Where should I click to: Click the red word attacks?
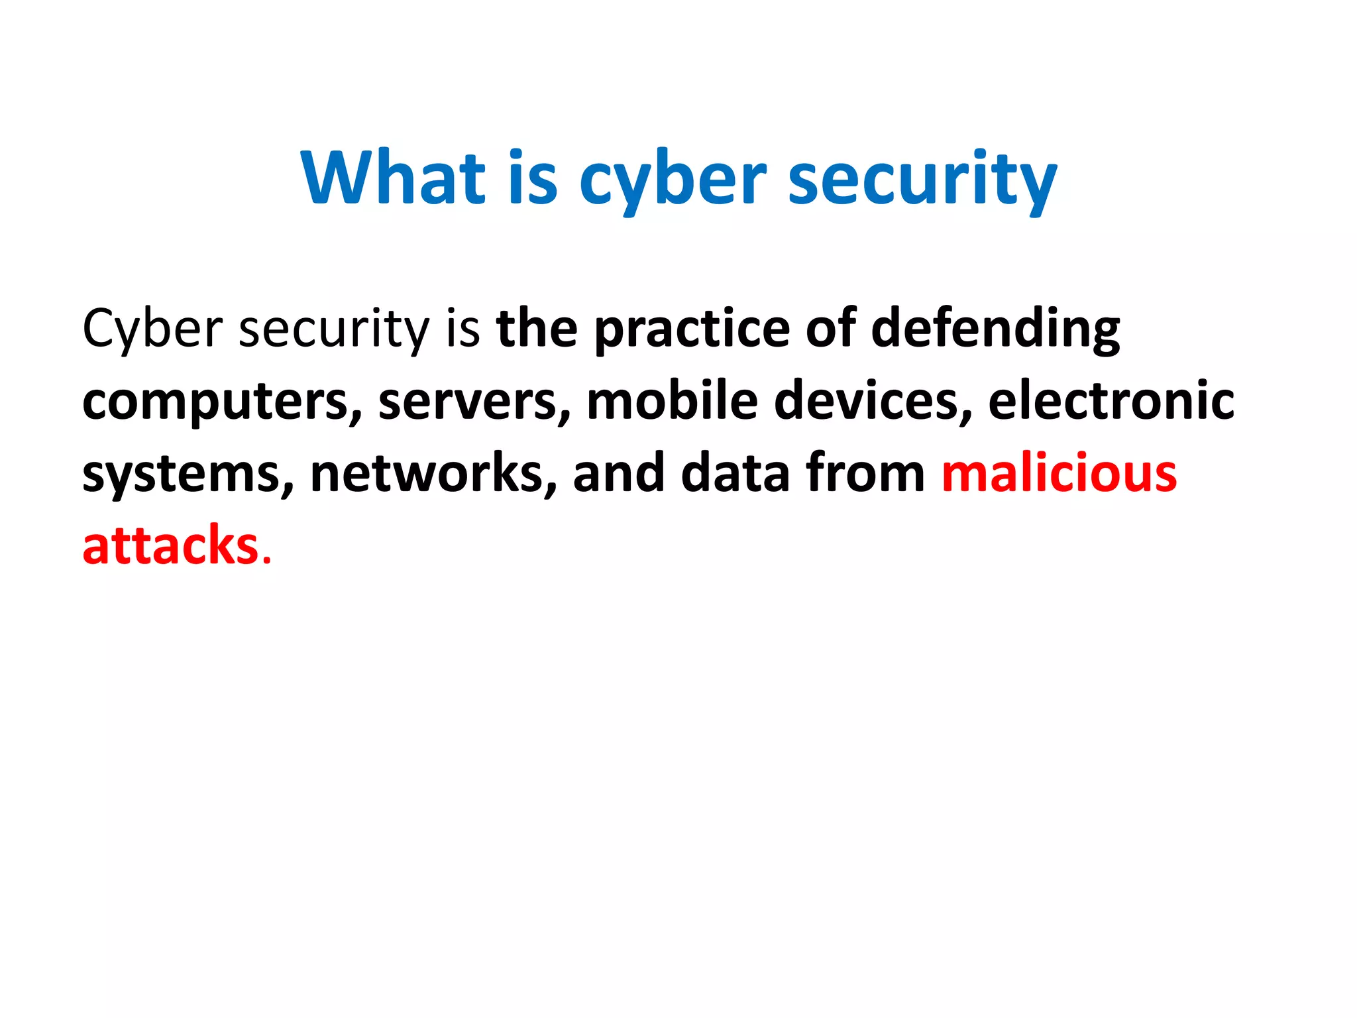pos(170,546)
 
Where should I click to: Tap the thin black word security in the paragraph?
pos(333,330)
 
